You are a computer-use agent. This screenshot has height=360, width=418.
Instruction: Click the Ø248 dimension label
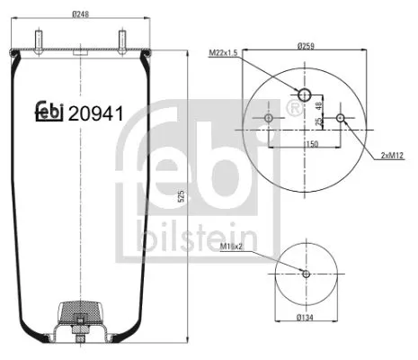[82, 13]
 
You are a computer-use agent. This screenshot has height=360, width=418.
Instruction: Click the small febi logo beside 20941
[49, 111]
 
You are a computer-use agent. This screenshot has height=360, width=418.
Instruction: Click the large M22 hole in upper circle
[305, 95]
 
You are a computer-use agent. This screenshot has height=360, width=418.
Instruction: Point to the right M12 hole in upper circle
[340, 118]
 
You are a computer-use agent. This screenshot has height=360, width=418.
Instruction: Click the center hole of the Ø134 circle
[306, 274]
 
